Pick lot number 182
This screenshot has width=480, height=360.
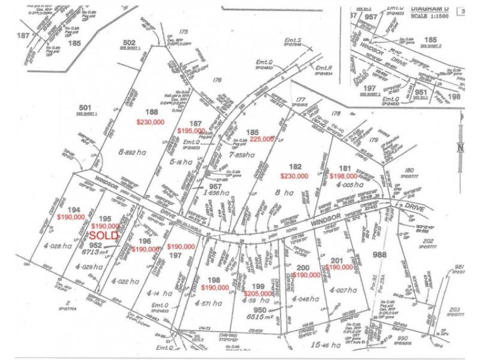click(295, 166)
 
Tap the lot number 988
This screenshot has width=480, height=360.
click(380, 254)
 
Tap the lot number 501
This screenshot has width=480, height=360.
click(85, 108)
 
